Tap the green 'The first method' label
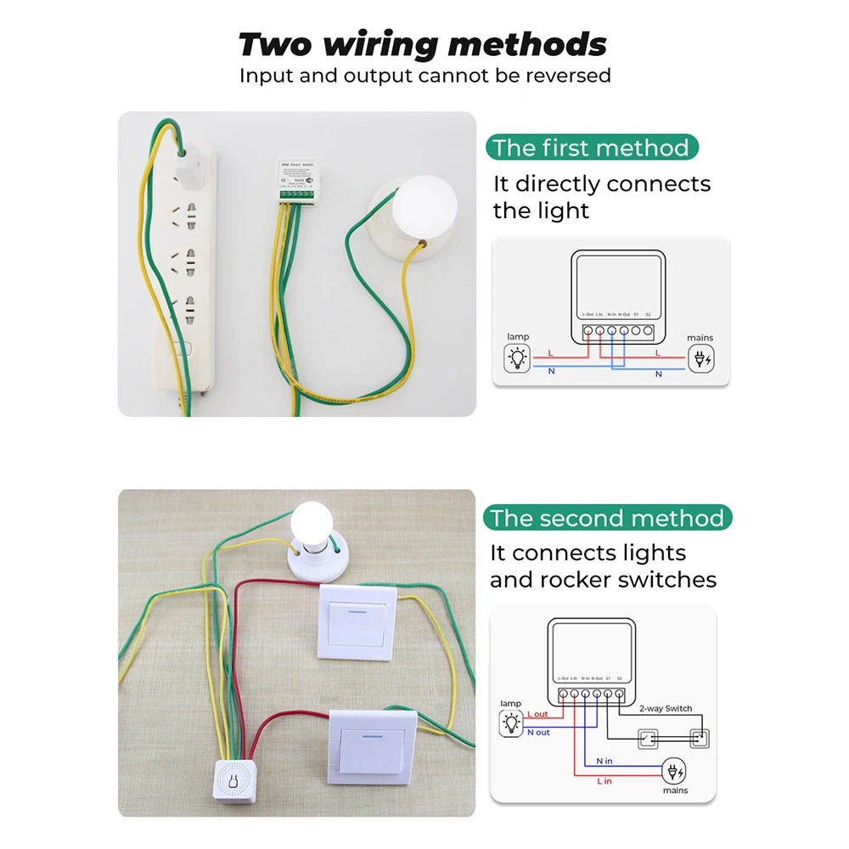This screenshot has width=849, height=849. click(590, 148)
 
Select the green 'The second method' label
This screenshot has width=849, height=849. click(607, 518)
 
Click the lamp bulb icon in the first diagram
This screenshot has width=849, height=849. click(517, 359)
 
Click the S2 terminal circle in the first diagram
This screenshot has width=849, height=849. click(648, 330)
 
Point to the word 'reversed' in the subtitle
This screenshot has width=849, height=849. click(568, 76)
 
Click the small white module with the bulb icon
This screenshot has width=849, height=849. click(233, 785)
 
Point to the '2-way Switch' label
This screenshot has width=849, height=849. click(666, 708)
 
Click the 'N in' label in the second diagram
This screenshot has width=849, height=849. click(604, 761)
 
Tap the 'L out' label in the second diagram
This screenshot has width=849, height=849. click(537, 714)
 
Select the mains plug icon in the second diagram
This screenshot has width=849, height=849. click(676, 773)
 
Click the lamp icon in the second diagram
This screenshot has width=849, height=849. click(511, 723)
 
